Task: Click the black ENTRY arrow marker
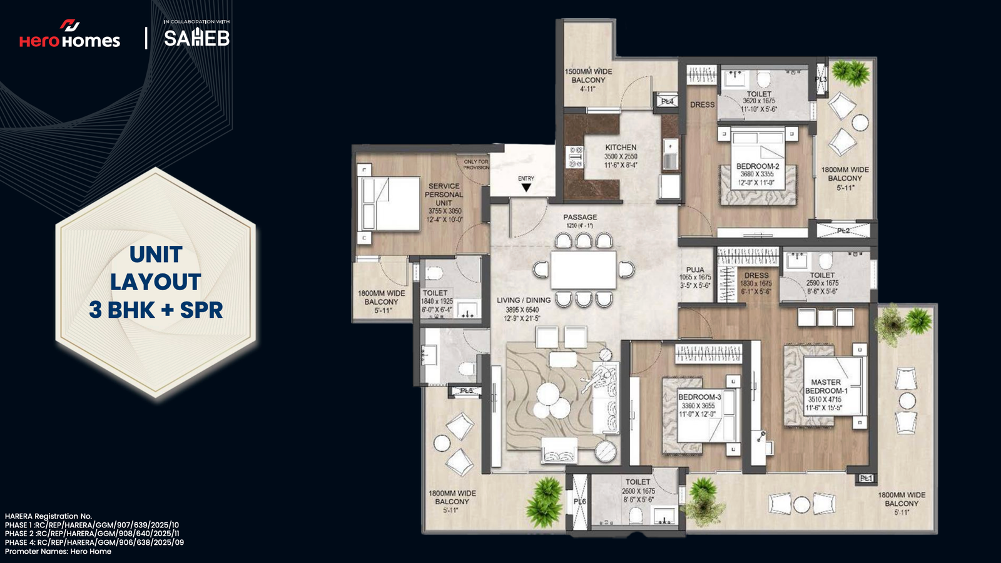[x=526, y=187]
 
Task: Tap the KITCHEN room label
[x=621, y=148]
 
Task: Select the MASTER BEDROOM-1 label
[x=826, y=387]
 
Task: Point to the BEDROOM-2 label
[x=758, y=166]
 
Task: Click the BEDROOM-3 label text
[x=699, y=397]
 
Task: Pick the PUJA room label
[x=695, y=270]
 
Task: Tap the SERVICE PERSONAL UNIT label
[x=444, y=195]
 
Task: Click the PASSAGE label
[x=580, y=217]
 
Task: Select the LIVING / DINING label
[x=524, y=300]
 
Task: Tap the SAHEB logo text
[x=196, y=38]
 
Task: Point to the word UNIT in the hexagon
[x=156, y=255]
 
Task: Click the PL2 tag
[x=843, y=231]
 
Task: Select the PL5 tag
[x=467, y=391]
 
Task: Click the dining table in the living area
[x=583, y=270]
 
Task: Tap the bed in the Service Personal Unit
[x=389, y=204]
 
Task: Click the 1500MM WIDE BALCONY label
[x=588, y=76]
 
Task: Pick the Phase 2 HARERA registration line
[x=92, y=534]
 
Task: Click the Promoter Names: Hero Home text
[x=58, y=551]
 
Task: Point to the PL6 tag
[x=580, y=502]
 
